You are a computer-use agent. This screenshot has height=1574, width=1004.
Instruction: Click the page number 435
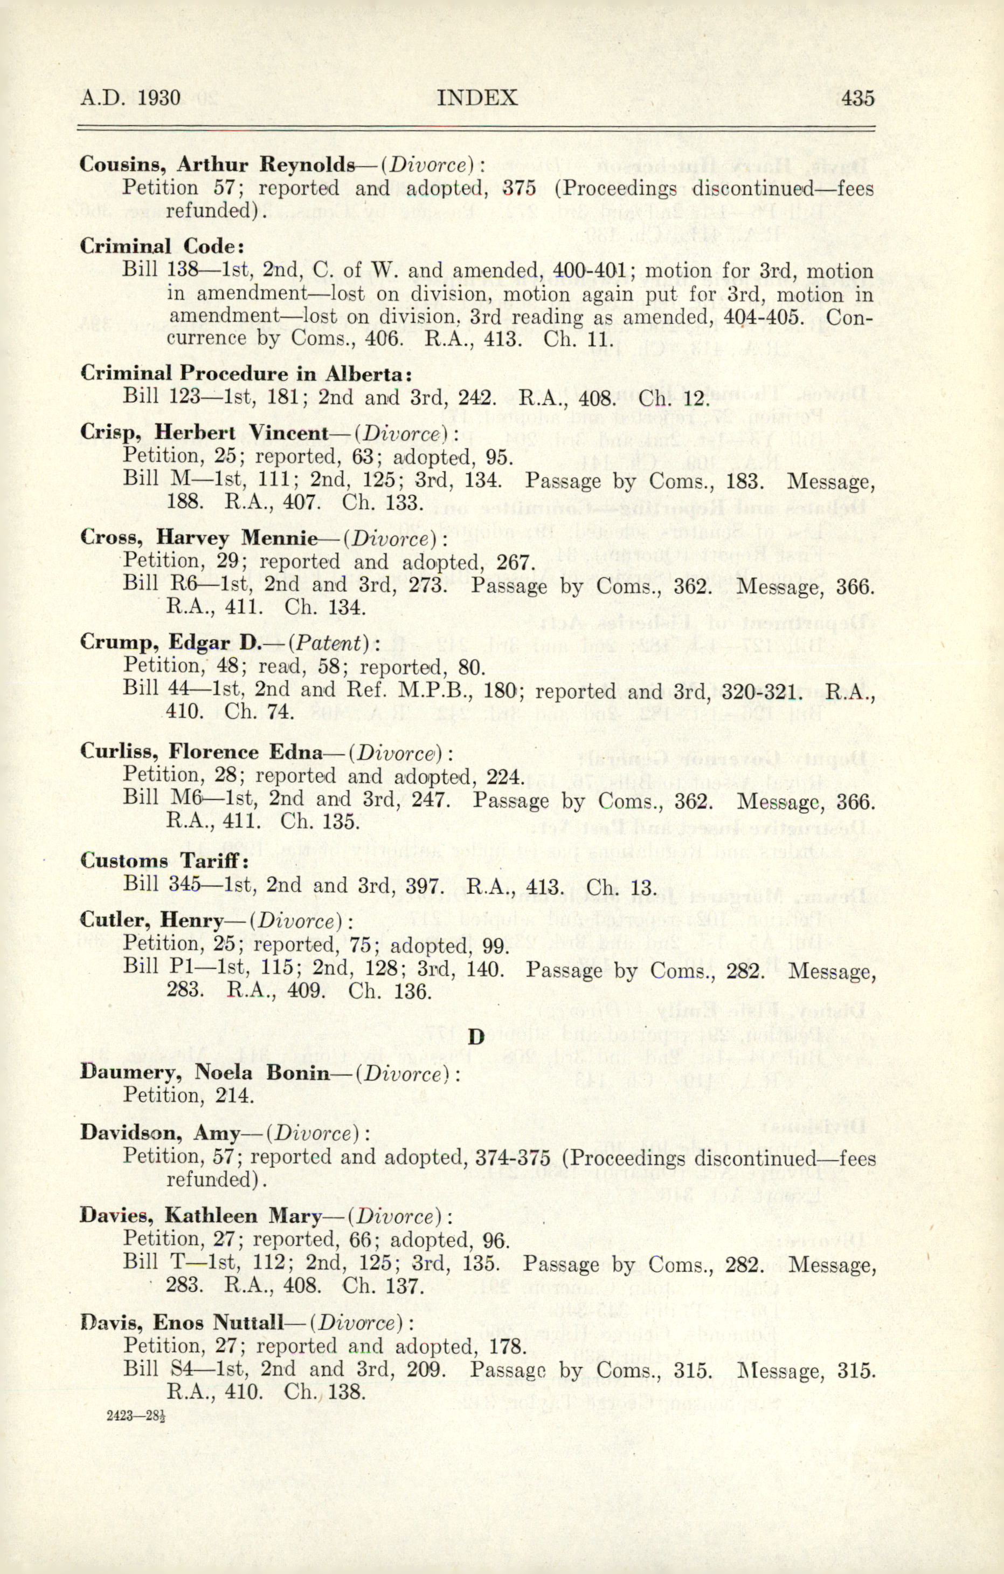[x=857, y=98]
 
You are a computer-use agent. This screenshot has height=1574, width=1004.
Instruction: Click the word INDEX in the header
[x=476, y=98]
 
